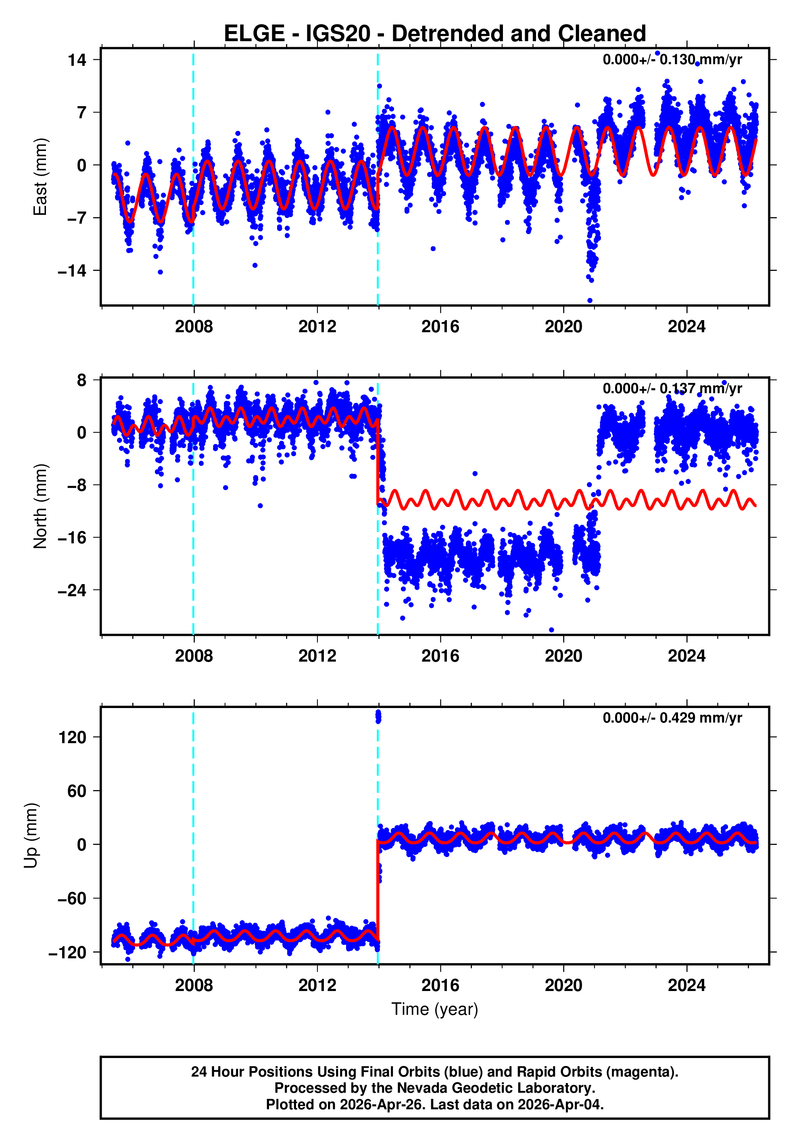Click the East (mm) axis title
[x=40, y=177]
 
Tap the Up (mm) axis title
[x=31, y=835]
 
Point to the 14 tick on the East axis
[x=77, y=60]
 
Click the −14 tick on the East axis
[x=72, y=271]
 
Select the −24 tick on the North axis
[x=72, y=591]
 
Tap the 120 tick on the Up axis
[x=72, y=738]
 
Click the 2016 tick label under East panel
[x=440, y=327]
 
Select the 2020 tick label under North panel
[x=563, y=656]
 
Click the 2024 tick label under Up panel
[x=686, y=985]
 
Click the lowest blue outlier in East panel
[x=590, y=300]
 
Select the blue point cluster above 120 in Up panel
[x=378, y=717]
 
